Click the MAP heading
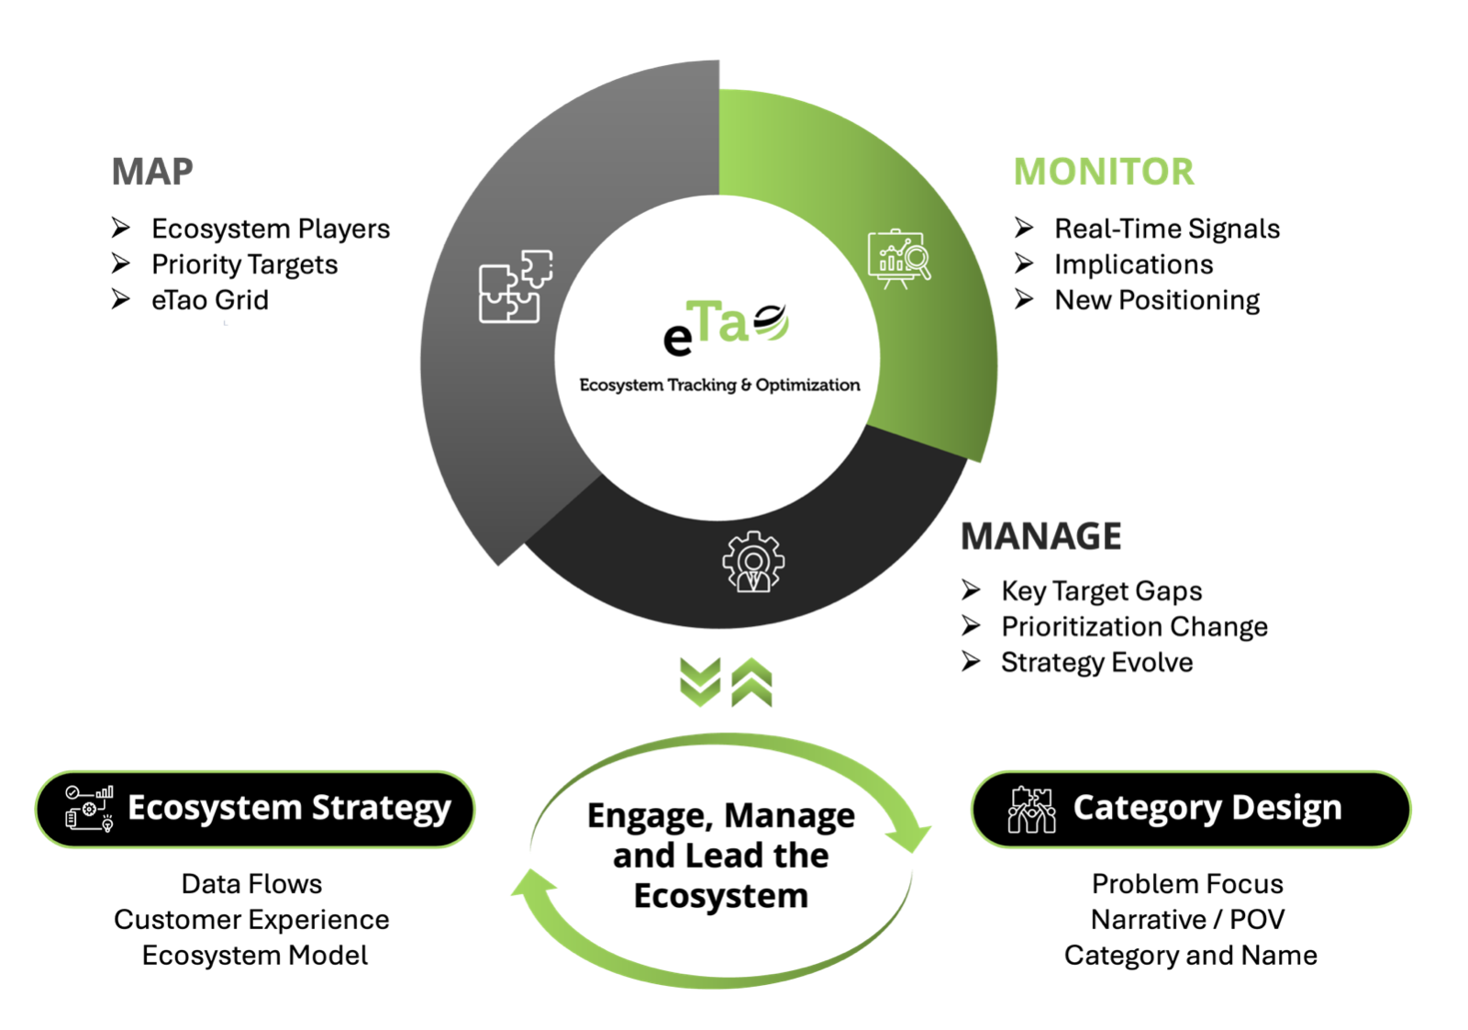[152, 172]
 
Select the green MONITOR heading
[1104, 172]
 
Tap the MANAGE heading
[1040, 536]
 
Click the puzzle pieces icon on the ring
[515, 285]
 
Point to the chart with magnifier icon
[899, 258]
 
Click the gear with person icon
[753, 562]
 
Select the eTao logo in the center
[725, 328]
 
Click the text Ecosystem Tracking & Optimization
[719, 385]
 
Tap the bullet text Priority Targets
[244, 264]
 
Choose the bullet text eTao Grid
[209, 300]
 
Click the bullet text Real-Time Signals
[1166, 229]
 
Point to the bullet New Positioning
[1156, 300]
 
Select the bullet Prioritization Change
[1134, 626]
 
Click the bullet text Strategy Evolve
[1096, 662]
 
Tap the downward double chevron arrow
[700, 682]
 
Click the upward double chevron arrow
[752, 682]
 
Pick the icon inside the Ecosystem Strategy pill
[89, 809]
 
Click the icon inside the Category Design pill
[1031, 809]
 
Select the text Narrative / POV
[1187, 919]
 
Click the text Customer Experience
[251, 919]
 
